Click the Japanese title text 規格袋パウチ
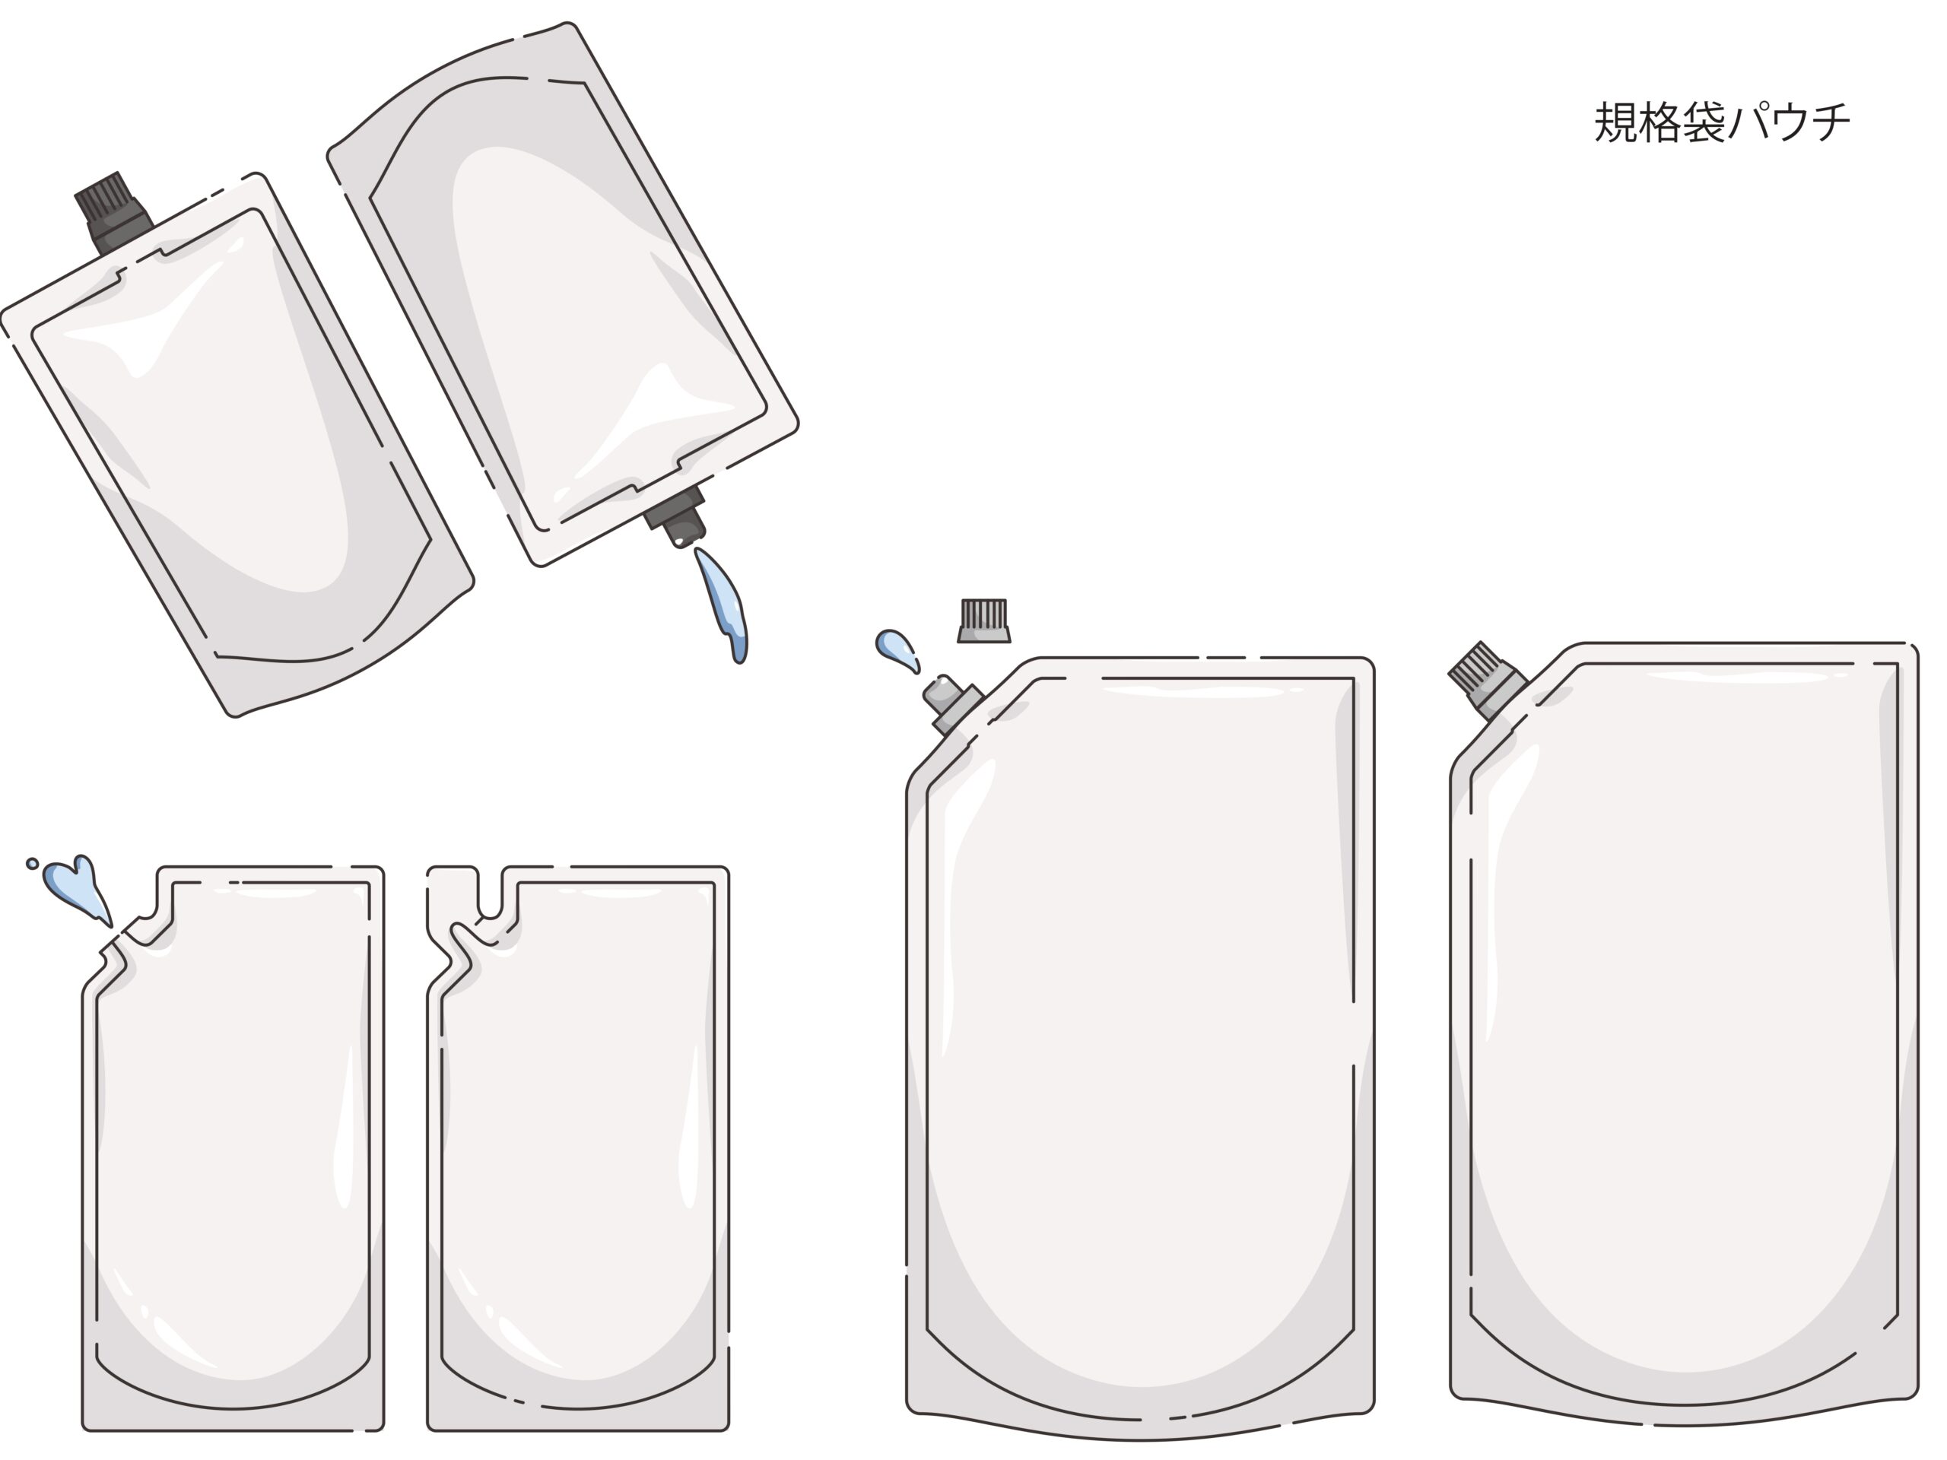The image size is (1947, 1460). coord(1722,122)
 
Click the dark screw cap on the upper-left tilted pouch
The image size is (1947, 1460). coord(111,211)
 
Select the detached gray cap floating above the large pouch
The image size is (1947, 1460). coord(983,621)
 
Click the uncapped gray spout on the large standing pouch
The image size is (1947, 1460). coord(949,704)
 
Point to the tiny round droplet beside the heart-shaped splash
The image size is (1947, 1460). coord(33,863)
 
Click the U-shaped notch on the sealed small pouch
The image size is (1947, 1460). coord(491,893)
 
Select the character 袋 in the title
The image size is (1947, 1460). coord(1703,122)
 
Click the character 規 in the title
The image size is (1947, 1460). coord(1616,122)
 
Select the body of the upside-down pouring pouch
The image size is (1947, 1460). coord(564,290)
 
